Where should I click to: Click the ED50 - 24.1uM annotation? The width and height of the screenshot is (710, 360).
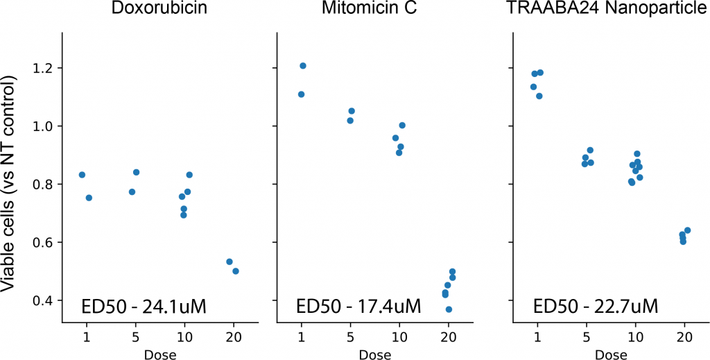(x=144, y=306)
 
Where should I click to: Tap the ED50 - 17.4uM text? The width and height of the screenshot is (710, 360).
(x=358, y=306)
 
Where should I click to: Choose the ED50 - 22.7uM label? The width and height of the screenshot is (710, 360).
(x=596, y=306)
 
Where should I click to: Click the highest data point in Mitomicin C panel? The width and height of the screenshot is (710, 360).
(x=303, y=66)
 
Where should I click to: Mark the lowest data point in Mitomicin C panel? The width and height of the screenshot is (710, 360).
(x=449, y=309)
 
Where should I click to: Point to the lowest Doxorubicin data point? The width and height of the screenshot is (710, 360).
(x=236, y=271)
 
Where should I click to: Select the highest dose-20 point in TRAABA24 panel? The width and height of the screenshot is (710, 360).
(x=688, y=230)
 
